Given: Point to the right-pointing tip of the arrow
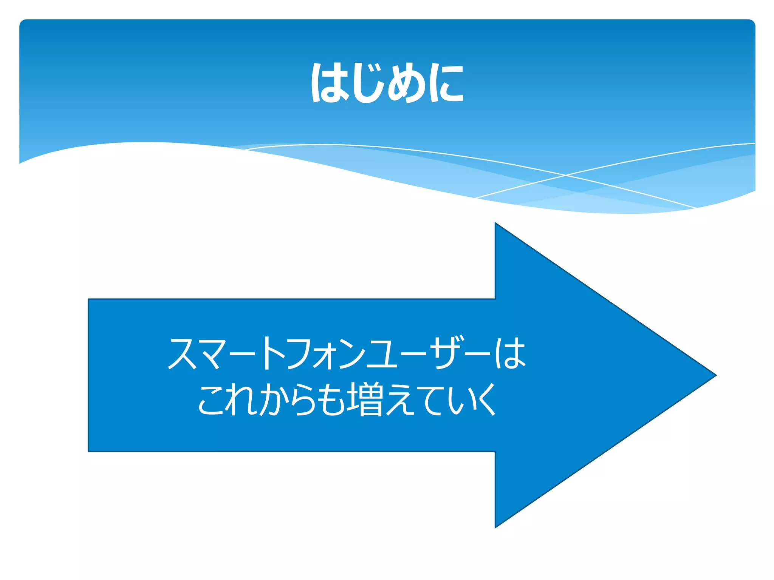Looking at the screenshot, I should point(715,375).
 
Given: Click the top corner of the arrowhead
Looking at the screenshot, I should point(495,223).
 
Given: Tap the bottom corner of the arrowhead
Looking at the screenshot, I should point(495,528).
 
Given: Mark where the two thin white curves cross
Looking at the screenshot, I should point(566,175).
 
